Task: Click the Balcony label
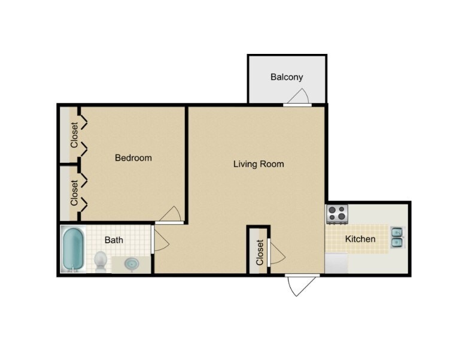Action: (287, 77)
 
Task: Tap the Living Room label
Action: (259, 164)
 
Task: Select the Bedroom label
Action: (133, 158)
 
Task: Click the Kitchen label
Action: (360, 240)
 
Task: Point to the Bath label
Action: (114, 240)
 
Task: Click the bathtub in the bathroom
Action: (74, 250)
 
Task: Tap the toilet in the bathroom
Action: (101, 261)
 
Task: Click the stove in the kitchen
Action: (337, 213)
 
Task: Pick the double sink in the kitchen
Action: (397, 237)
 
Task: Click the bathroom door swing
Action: (160, 240)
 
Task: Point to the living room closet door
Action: (275, 253)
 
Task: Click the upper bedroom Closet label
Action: (74, 135)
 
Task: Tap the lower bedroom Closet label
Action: (74, 193)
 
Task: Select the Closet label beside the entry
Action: (260, 252)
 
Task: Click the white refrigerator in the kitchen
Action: (336, 262)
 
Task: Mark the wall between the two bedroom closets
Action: (69, 164)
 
